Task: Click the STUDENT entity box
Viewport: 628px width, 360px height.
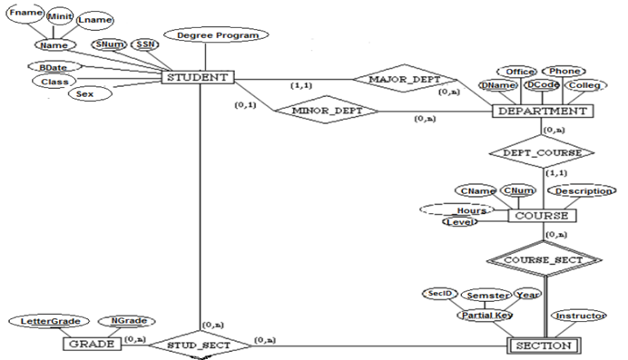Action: click(197, 77)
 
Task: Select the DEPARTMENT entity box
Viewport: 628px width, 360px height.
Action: click(542, 111)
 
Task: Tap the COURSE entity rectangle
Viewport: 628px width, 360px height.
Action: click(542, 216)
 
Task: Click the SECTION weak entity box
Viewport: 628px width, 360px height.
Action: click(542, 345)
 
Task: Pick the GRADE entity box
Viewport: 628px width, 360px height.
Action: click(91, 345)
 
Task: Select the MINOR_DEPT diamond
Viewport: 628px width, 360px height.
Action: click(322, 112)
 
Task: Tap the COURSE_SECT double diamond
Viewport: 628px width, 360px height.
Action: click(542, 259)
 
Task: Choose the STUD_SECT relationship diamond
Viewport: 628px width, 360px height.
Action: click(196, 345)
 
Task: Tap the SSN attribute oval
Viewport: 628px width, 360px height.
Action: click(144, 44)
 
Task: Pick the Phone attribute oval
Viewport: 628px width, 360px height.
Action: click(561, 71)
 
